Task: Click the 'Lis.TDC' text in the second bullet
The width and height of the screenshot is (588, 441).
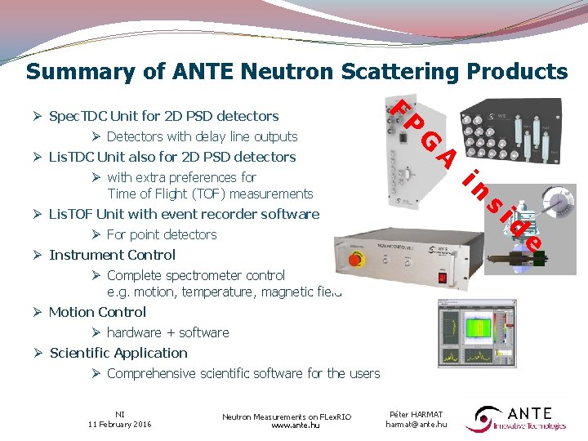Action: pos(71,157)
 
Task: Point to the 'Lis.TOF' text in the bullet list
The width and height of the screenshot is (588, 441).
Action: pos(71,214)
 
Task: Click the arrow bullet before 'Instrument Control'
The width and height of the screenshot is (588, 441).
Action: pos(38,255)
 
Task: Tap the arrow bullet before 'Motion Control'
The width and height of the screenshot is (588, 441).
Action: pos(38,312)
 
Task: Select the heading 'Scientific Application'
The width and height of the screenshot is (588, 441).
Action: pos(118,353)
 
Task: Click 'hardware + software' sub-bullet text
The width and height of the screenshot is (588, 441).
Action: pos(167,332)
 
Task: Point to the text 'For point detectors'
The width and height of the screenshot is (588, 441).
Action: pos(162,234)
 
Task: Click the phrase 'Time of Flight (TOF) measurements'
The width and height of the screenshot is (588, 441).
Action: pos(210,194)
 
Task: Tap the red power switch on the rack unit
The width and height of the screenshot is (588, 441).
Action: pos(443,278)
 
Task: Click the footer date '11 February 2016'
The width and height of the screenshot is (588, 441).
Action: pos(120,424)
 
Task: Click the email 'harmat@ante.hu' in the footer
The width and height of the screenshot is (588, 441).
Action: pos(416,424)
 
